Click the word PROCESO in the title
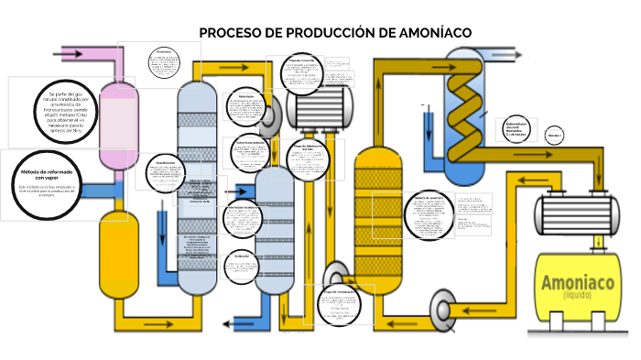pyautogui.click(x=228, y=33)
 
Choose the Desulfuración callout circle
pyautogui.click(x=165, y=174)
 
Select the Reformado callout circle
pyautogui.click(x=246, y=107)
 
